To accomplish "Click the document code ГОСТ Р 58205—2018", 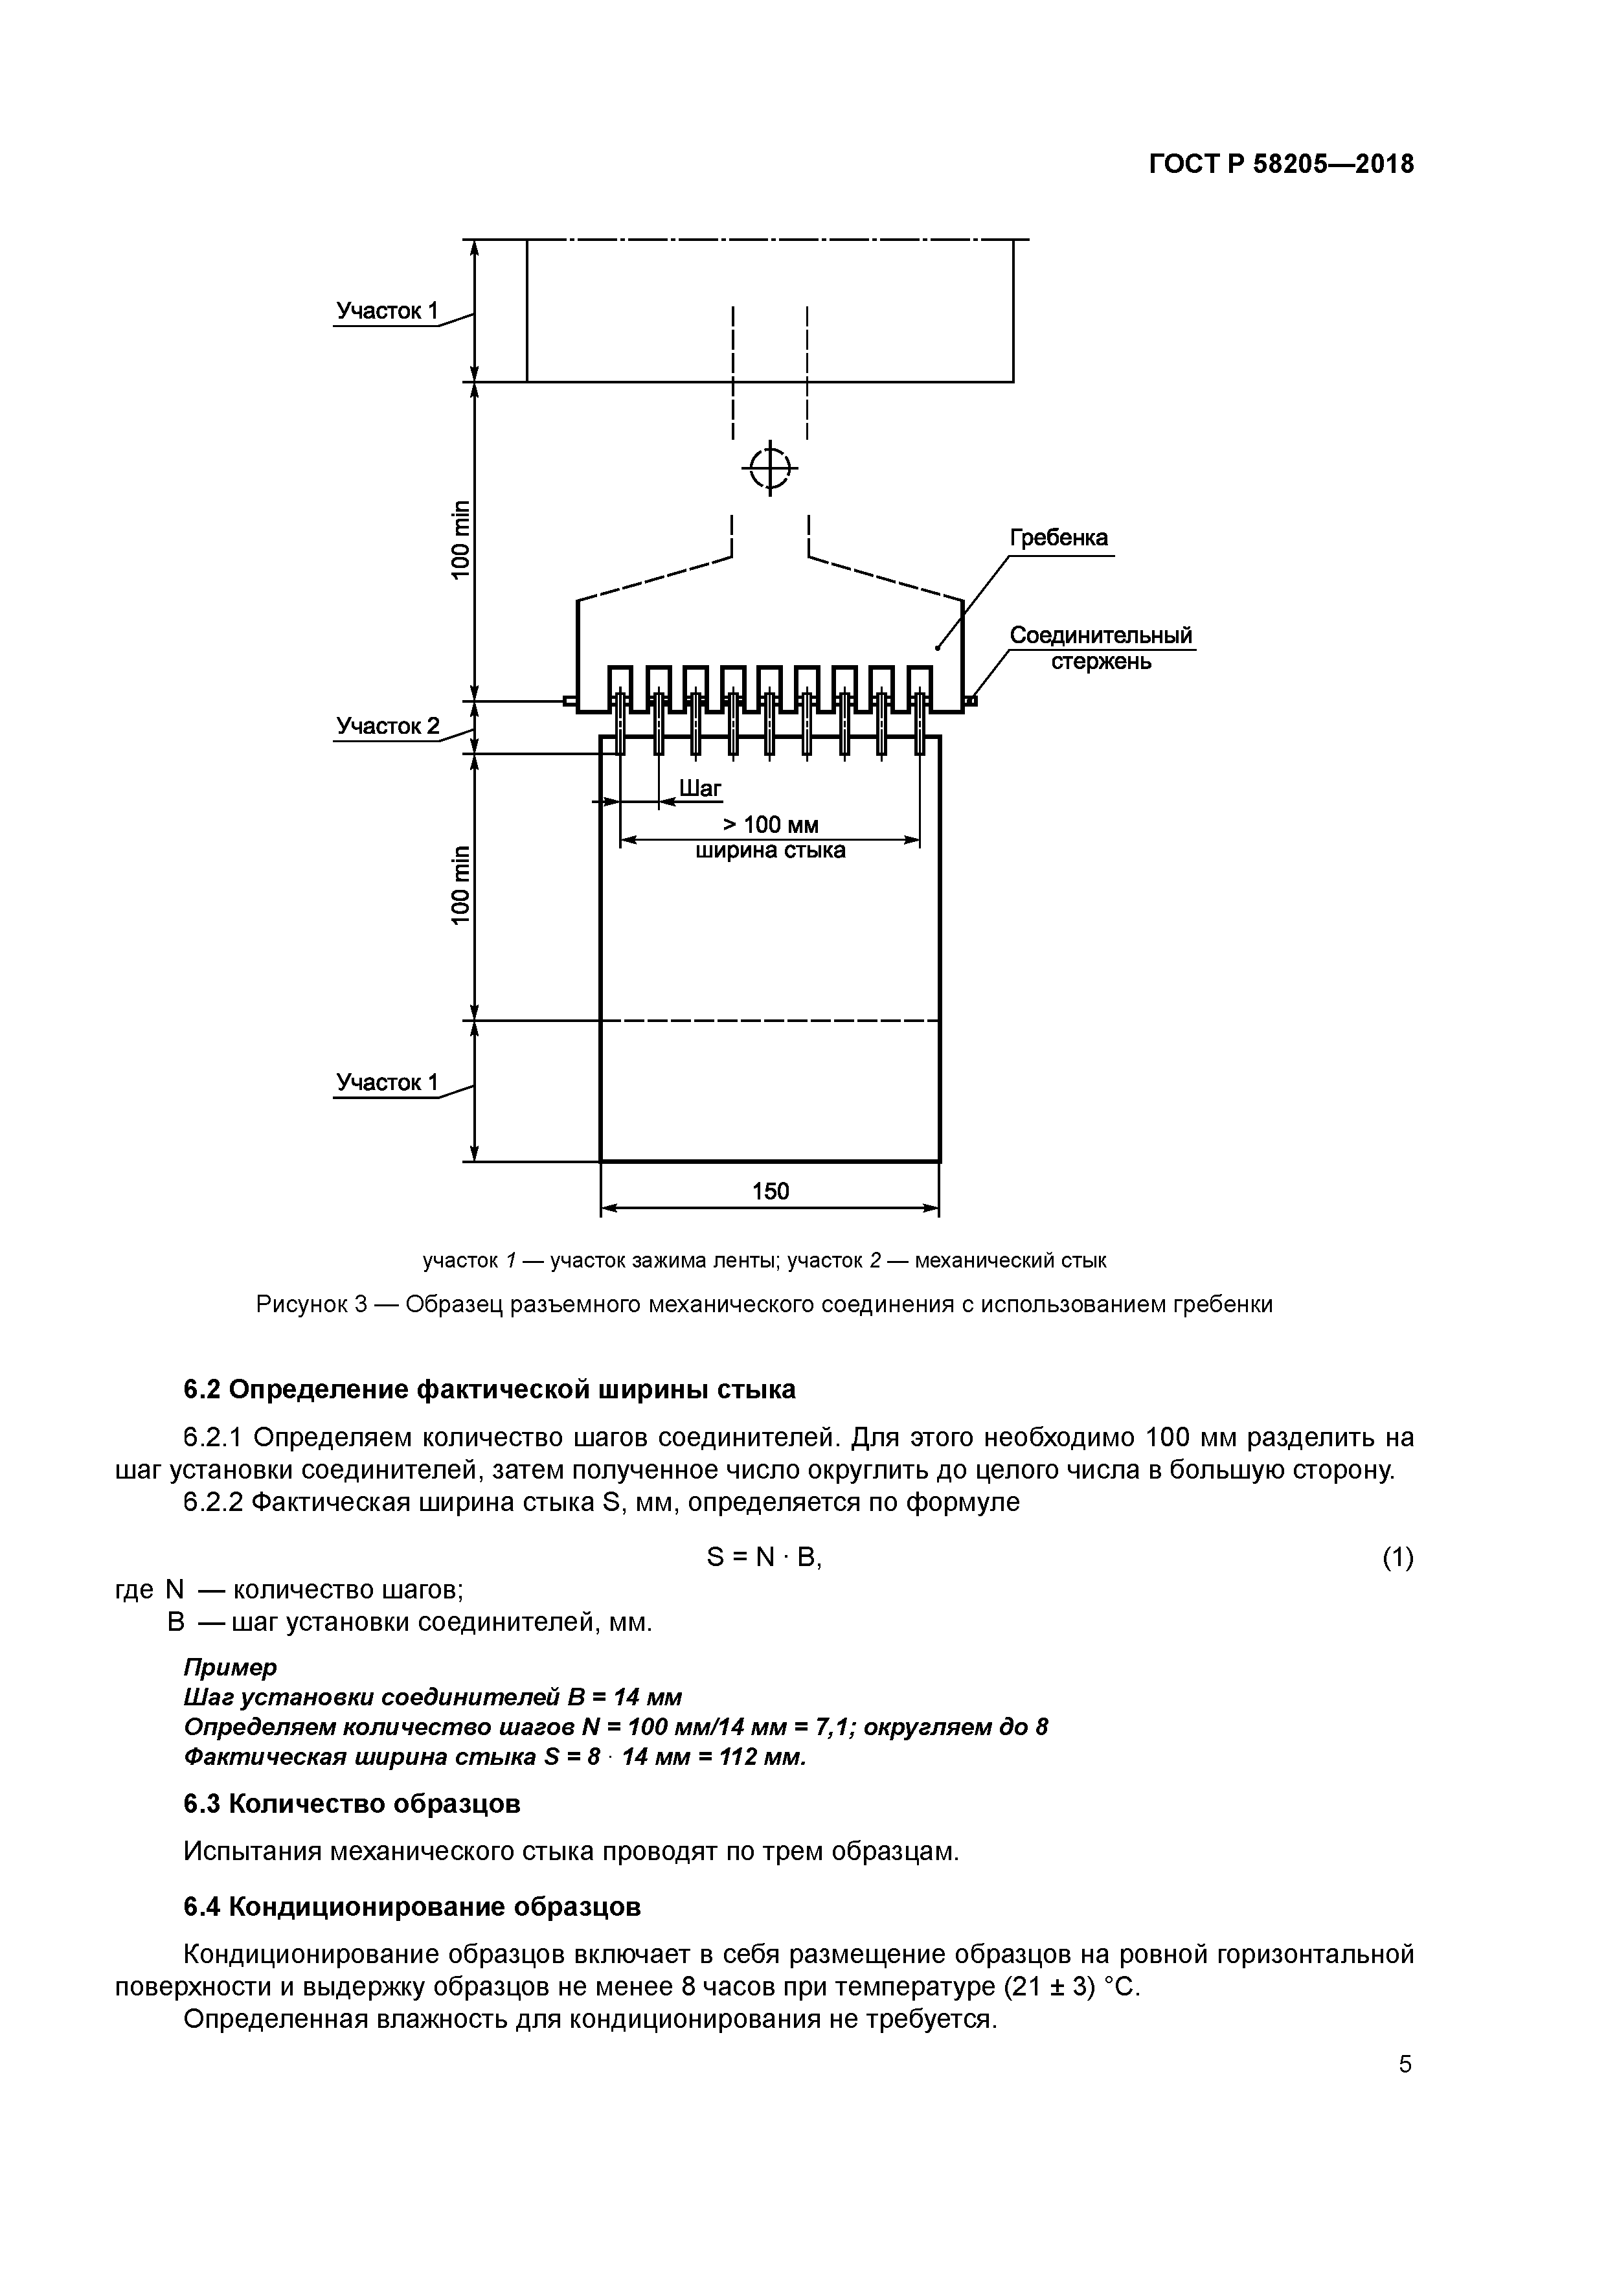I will point(1282,165).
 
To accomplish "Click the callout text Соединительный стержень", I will point(1100,647).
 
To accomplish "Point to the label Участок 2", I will point(387,726).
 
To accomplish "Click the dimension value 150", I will point(770,1190).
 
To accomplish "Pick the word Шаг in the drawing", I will point(701,788).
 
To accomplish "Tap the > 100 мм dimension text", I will point(770,825).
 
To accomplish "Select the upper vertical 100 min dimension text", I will point(461,540).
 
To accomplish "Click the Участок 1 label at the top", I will point(387,311).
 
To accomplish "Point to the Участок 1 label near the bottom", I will point(387,1082).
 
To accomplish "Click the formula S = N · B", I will point(764,1558).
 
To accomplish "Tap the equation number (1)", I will point(1397,1558).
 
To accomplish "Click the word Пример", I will point(231,1666).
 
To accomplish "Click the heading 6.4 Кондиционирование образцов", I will point(412,1907).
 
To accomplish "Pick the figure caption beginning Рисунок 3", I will point(764,1304).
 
